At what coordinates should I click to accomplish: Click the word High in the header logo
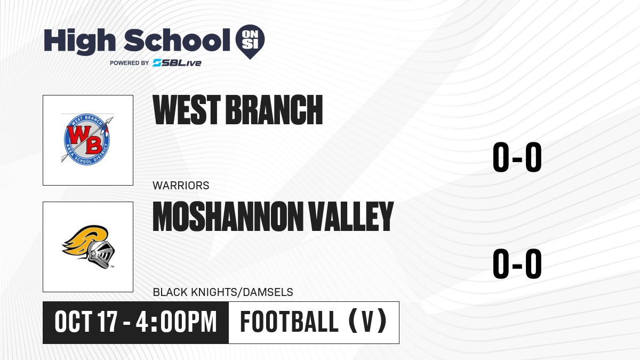(79, 41)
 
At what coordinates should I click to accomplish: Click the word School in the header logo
(177, 40)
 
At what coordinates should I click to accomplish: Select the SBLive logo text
(177, 63)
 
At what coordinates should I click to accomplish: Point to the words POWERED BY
(130, 63)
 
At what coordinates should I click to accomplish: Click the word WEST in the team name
(187, 110)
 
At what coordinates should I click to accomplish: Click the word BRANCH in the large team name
(274, 110)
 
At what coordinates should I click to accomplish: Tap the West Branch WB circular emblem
(87, 139)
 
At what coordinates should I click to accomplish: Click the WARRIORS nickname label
(181, 186)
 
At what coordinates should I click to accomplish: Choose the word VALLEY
(351, 217)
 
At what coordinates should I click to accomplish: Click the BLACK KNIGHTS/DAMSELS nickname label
(223, 292)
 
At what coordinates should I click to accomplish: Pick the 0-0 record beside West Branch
(517, 157)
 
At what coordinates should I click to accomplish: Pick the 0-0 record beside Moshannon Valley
(517, 263)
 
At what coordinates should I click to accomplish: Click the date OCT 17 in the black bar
(86, 322)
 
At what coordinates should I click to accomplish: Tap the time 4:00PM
(177, 322)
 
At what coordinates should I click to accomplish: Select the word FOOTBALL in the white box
(290, 322)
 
